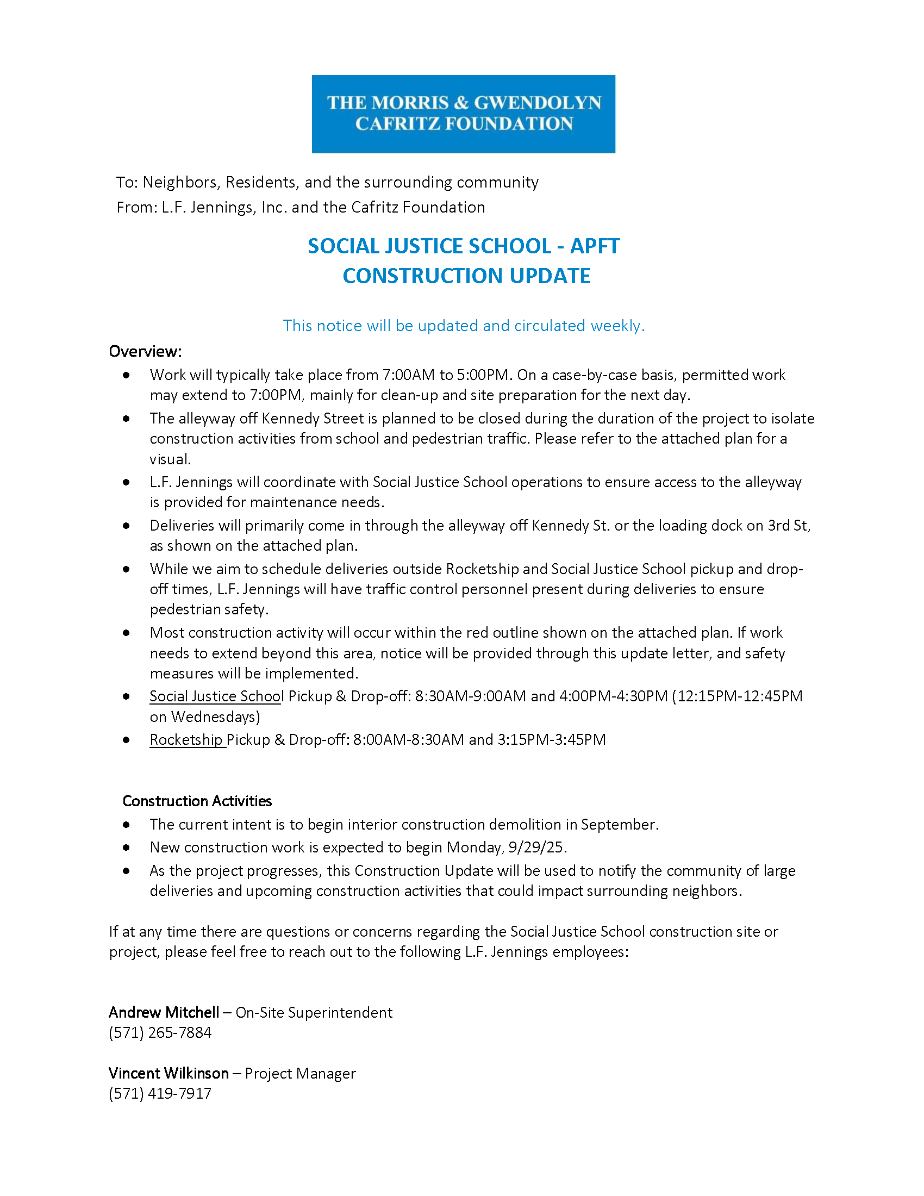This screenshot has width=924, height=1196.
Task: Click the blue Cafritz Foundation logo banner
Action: (463, 114)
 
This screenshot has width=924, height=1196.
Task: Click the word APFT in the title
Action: (595, 246)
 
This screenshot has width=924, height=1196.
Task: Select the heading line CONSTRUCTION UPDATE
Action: (466, 276)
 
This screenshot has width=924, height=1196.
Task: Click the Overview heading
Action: (145, 351)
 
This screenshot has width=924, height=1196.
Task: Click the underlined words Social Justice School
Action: (216, 696)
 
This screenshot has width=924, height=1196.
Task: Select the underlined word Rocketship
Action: (186, 740)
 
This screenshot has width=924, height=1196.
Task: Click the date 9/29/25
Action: (535, 847)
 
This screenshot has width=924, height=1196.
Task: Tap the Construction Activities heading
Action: (197, 801)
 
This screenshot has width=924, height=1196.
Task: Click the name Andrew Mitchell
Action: (164, 1012)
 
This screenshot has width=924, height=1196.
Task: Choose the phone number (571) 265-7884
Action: (160, 1033)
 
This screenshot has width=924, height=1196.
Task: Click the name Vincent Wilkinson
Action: (168, 1073)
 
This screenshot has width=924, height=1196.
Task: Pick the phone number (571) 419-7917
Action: (160, 1094)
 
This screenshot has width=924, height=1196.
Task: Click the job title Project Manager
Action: (300, 1073)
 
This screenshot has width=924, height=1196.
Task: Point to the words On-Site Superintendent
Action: (314, 1013)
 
